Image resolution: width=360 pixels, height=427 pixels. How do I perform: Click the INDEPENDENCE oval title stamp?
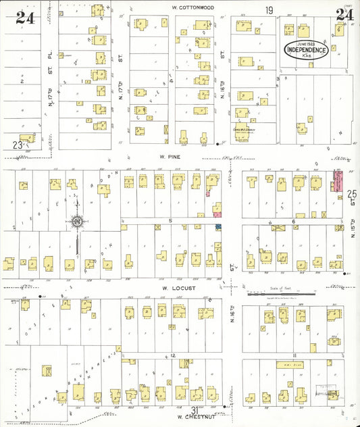tap(307, 50)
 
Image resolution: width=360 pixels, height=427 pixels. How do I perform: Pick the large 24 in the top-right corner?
tap(345, 15)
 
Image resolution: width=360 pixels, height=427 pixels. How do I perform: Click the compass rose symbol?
tap(78, 221)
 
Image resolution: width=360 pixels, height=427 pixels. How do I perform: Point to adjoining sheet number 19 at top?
tap(269, 10)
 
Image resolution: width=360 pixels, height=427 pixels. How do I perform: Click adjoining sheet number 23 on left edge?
tap(18, 144)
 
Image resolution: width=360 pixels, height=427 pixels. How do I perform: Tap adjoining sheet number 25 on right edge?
tap(351, 195)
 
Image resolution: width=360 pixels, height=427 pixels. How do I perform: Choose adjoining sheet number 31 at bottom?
tap(195, 410)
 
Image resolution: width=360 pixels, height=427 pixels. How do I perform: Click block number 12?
tap(173, 355)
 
